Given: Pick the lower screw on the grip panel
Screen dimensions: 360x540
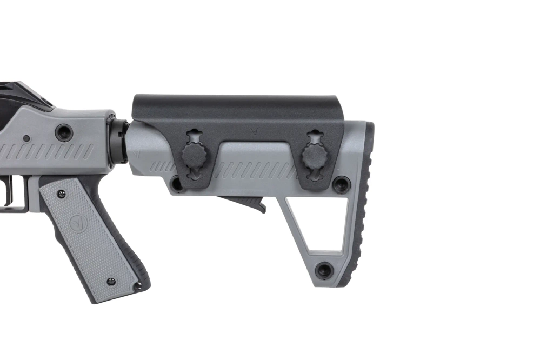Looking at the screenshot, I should (x=111, y=282).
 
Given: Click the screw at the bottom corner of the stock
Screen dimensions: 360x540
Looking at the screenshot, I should (x=324, y=270).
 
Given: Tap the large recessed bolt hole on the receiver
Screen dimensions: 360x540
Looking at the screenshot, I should (x=64, y=131).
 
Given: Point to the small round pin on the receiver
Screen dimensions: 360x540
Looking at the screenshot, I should (x=26, y=138).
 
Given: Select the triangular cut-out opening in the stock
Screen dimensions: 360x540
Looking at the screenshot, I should (x=316, y=222).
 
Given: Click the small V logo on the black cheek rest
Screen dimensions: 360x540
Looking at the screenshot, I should (x=256, y=130).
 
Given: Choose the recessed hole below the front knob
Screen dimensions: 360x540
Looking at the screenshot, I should (x=177, y=184).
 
